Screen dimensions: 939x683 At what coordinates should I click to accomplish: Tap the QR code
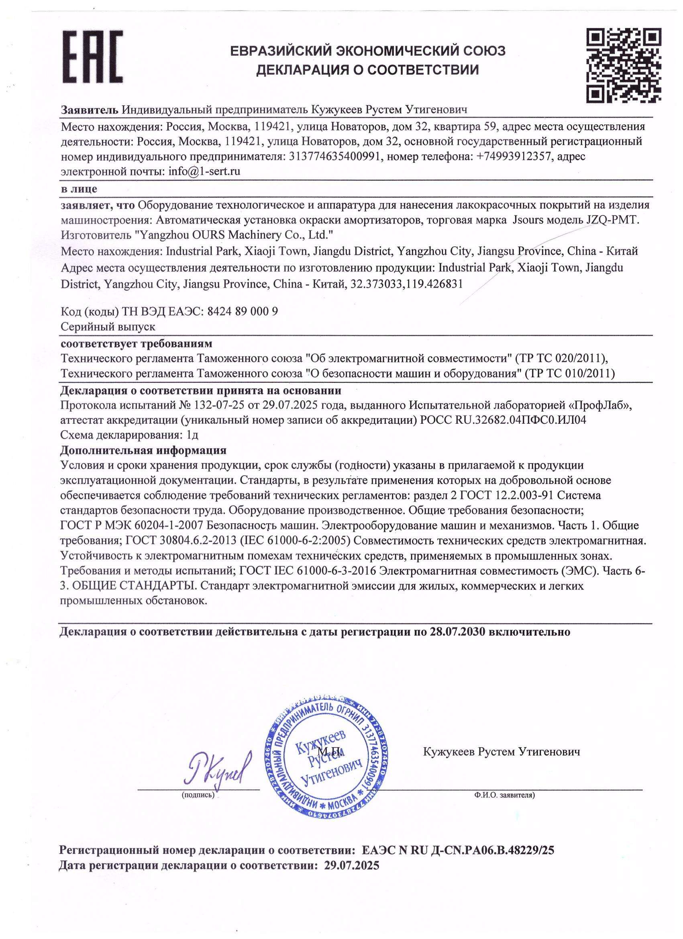(625, 65)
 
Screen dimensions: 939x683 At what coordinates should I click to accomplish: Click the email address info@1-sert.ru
(204, 171)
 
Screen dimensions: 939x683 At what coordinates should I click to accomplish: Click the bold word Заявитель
(90, 110)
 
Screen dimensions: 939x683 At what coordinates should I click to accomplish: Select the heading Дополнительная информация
(143, 450)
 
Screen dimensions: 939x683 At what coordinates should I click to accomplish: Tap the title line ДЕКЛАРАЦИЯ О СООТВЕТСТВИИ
(367, 69)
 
